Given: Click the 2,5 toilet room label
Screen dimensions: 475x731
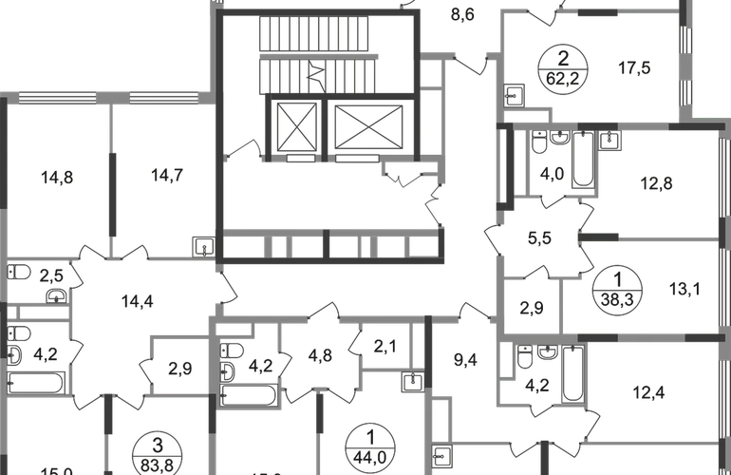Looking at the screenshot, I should [53, 275].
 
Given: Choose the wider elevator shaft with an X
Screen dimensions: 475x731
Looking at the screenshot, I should [366, 125].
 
